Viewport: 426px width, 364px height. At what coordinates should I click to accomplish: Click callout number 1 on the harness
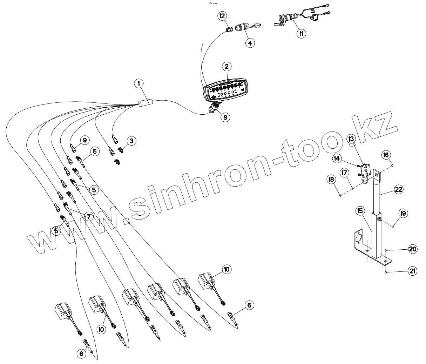tap(139, 83)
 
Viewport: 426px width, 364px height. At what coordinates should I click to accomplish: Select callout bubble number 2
tap(226, 66)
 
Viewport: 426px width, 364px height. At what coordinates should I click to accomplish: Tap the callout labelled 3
tap(131, 141)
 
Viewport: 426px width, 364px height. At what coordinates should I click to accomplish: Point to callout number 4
tap(250, 43)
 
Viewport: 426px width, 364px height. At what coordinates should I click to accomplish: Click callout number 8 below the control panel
tap(225, 117)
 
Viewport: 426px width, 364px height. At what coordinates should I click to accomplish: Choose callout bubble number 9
tap(84, 140)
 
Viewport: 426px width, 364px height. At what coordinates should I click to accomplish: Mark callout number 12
tap(223, 16)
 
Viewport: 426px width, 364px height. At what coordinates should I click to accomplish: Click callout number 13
tap(351, 139)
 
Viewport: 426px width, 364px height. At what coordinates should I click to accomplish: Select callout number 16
tap(386, 155)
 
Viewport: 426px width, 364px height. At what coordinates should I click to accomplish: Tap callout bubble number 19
tap(403, 213)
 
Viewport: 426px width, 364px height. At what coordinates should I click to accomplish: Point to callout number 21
tap(413, 271)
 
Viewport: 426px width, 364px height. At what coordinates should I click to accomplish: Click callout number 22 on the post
tap(398, 189)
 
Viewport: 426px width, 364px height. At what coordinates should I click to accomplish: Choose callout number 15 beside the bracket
tap(360, 211)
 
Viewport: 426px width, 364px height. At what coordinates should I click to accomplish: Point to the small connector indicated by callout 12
tap(230, 30)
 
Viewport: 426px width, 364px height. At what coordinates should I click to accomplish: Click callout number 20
tap(413, 249)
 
